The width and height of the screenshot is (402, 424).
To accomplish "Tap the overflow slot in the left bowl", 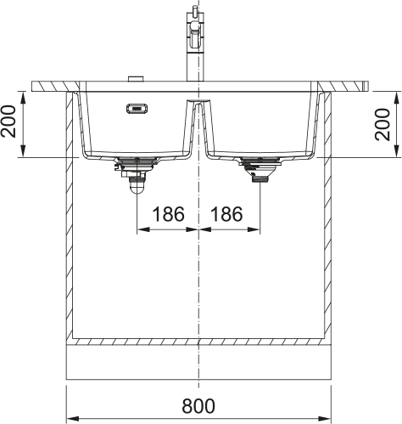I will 135,108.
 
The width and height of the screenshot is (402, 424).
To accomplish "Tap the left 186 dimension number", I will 167,214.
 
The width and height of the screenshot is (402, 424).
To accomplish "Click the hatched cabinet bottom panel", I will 198,342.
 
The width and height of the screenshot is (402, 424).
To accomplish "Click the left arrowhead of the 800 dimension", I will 71,417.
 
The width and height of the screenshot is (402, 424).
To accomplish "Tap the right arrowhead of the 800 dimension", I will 326,417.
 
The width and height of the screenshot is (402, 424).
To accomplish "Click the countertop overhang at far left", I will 47,87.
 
